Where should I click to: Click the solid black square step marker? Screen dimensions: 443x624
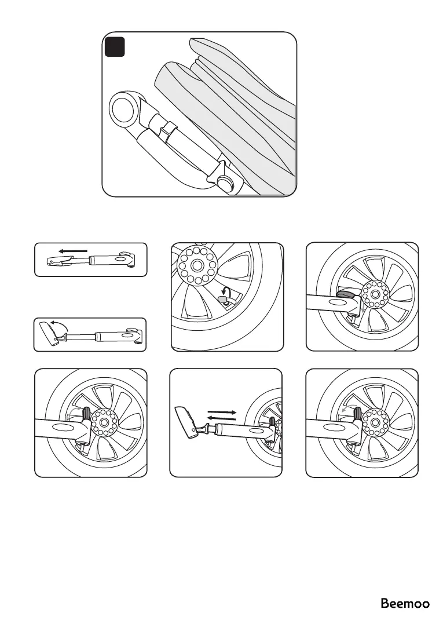[x=115, y=47]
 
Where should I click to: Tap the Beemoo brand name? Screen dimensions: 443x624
[x=405, y=604]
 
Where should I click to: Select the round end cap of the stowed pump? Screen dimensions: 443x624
[x=123, y=109]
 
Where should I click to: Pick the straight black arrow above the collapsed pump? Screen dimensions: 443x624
[x=73, y=252]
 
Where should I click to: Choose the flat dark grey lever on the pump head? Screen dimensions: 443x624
[x=347, y=295]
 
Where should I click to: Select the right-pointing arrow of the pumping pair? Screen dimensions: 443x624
[x=221, y=411]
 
